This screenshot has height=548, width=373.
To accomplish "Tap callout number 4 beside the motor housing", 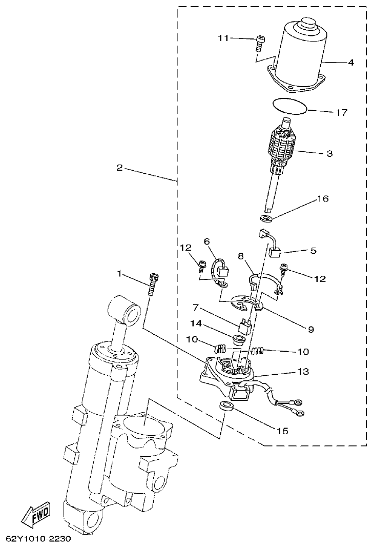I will (350, 63).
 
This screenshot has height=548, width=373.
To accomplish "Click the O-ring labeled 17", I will (290, 106).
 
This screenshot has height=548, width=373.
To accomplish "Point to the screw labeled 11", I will (260, 43).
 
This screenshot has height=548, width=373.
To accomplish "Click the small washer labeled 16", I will (265, 220).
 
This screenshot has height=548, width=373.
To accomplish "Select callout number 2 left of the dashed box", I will (119, 168).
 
